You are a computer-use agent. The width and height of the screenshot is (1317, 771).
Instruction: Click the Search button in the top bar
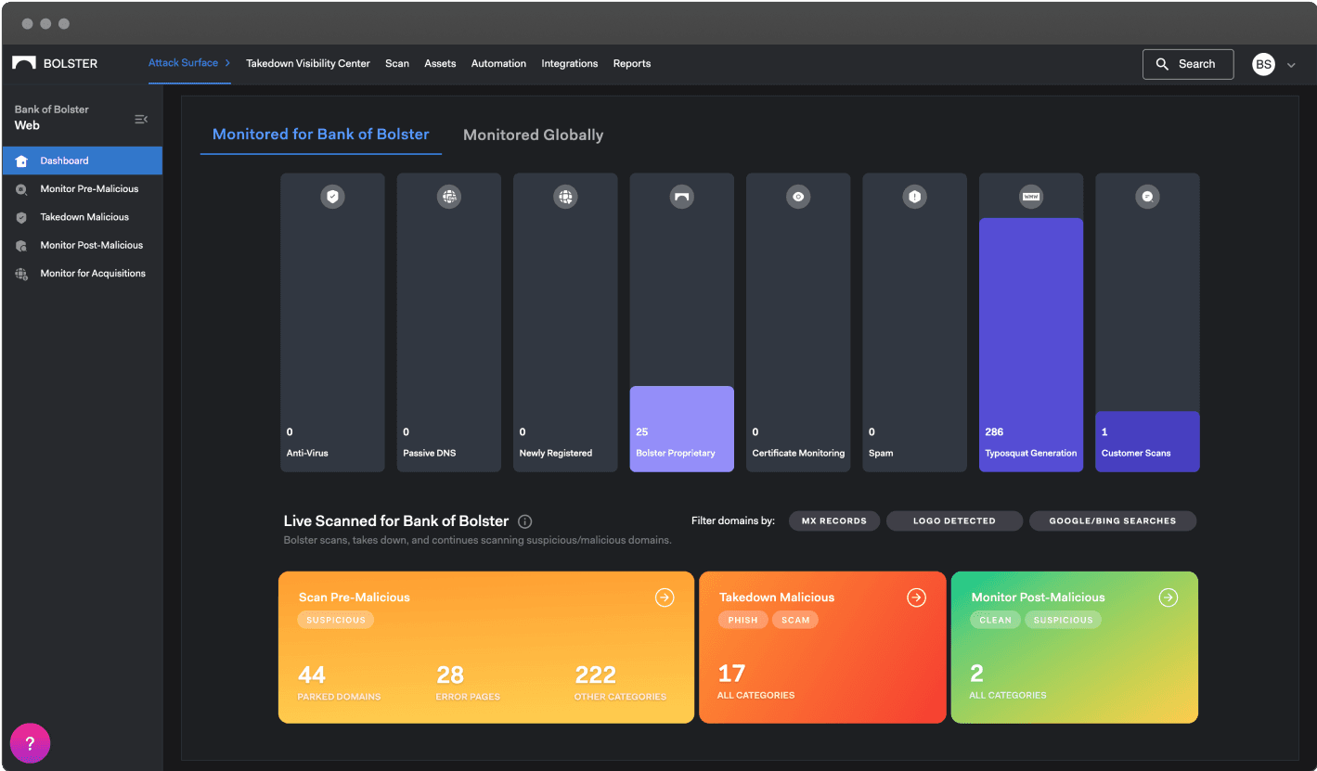pyautogui.click(x=1187, y=64)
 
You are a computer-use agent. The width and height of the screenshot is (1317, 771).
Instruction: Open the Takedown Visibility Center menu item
pyautogui.click(x=308, y=64)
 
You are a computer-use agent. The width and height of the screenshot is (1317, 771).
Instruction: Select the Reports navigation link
pyautogui.click(x=631, y=64)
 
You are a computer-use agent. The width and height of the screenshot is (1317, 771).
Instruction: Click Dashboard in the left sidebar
pyautogui.click(x=64, y=161)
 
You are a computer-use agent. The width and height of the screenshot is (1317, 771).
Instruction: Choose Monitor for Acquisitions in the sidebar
pyautogui.click(x=92, y=274)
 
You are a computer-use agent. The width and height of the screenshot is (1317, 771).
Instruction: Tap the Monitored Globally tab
pyautogui.click(x=533, y=135)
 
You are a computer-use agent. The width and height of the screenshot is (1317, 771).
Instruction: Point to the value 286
pyautogui.click(x=994, y=432)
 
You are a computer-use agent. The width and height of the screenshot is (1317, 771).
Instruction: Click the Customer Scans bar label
pyautogui.click(x=1136, y=454)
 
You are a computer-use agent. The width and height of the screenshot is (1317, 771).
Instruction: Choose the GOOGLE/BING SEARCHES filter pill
pyautogui.click(x=1112, y=521)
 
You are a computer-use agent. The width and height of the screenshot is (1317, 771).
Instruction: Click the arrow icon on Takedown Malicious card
pyautogui.click(x=916, y=598)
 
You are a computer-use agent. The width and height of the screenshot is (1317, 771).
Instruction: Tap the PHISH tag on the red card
pyautogui.click(x=742, y=620)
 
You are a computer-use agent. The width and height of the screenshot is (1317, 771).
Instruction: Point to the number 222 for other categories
pyautogui.click(x=596, y=675)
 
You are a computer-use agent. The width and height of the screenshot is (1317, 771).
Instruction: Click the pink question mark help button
pyautogui.click(x=30, y=743)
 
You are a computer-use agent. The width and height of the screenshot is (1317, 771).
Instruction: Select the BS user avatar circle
pyautogui.click(x=1263, y=64)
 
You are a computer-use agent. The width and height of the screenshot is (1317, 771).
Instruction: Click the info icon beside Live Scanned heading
pyautogui.click(x=525, y=521)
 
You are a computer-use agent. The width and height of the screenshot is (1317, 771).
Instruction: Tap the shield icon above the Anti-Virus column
pyautogui.click(x=332, y=197)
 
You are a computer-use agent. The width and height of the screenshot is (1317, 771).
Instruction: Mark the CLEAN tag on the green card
pyautogui.click(x=995, y=620)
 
